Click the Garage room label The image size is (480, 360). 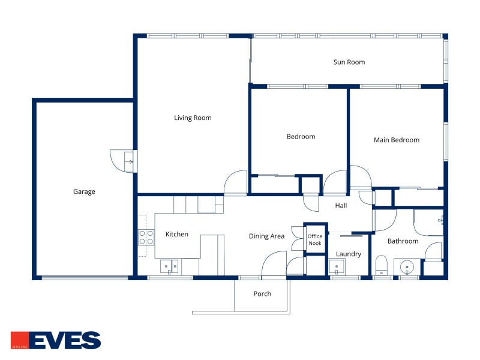(84, 191)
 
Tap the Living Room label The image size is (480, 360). (193, 118)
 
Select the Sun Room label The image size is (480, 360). (349, 62)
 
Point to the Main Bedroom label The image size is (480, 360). (397, 140)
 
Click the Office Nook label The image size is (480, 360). (314, 239)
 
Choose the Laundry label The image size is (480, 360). (349, 254)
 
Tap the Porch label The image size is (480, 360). (262, 294)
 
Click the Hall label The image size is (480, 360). (341, 205)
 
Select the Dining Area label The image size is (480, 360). (266, 236)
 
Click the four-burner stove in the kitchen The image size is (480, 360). (146, 238)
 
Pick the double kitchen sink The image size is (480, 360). (169, 266)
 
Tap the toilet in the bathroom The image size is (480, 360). (382, 265)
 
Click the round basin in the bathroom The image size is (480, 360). (407, 266)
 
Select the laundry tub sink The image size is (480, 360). (337, 266)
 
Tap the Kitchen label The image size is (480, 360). (176, 234)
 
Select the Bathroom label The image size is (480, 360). (403, 241)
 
